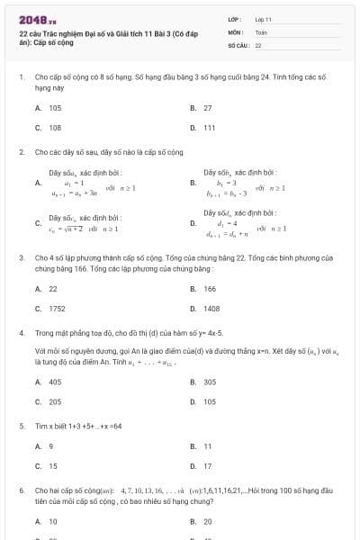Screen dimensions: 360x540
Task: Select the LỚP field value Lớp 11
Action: (263, 19)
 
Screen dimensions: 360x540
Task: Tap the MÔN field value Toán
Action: (261, 31)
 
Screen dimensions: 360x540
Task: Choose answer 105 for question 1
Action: (55, 108)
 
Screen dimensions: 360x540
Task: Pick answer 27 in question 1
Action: (208, 108)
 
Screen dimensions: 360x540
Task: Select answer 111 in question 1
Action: (209, 128)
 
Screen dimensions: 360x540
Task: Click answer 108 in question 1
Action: (55, 128)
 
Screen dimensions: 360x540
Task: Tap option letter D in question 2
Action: (193, 223)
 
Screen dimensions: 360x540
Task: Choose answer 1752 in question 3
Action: (57, 309)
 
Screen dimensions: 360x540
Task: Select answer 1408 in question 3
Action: (211, 309)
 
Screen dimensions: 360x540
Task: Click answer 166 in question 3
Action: (210, 289)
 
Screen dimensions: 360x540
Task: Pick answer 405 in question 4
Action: (55, 382)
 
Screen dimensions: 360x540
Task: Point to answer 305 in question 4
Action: (210, 382)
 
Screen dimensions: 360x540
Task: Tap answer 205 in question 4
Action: (55, 401)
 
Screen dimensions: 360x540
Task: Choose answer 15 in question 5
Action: (53, 466)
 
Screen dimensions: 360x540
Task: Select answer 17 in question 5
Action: (208, 466)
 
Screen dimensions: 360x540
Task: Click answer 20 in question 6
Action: (208, 521)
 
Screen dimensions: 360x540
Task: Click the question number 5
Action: (21, 426)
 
